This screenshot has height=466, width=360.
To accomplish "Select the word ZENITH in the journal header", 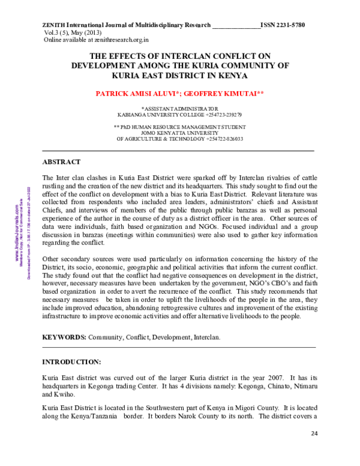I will point(54,25).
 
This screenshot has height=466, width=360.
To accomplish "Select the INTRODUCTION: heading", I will point(72,363).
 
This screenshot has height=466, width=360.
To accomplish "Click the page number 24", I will point(314,434).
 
